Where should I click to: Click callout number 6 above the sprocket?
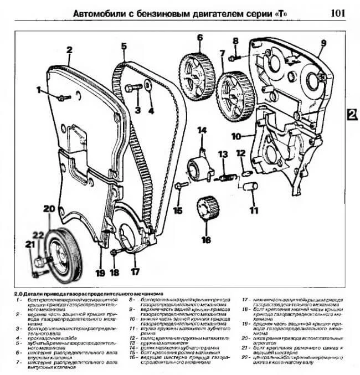[198, 38]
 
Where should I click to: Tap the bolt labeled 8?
[233, 56]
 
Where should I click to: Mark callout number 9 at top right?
[323, 43]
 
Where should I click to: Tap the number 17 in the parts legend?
[245, 300]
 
